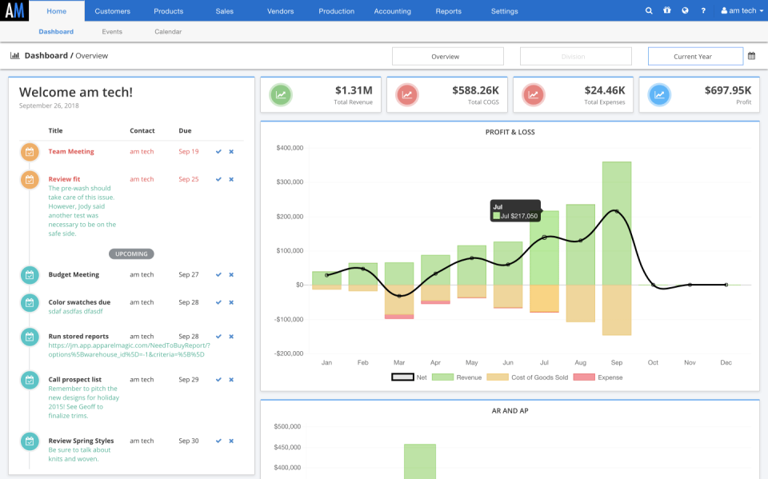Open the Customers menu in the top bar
(x=112, y=11)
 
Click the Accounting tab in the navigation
(x=392, y=11)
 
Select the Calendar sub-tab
(x=168, y=32)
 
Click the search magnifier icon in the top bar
(x=649, y=11)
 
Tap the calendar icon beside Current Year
(x=751, y=56)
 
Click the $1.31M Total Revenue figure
(x=354, y=90)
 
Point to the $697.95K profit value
(x=728, y=90)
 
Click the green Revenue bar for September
(x=617, y=223)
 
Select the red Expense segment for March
(x=399, y=317)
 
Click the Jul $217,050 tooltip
(x=515, y=211)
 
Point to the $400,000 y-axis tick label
(x=289, y=148)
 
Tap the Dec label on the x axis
(x=726, y=362)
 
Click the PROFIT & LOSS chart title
(x=510, y=132)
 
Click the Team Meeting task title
(x=71, y=151)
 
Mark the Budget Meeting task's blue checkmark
(x=218, y=274)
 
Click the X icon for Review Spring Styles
(x=231, y=441)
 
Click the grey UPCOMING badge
(x=131, y=253)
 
